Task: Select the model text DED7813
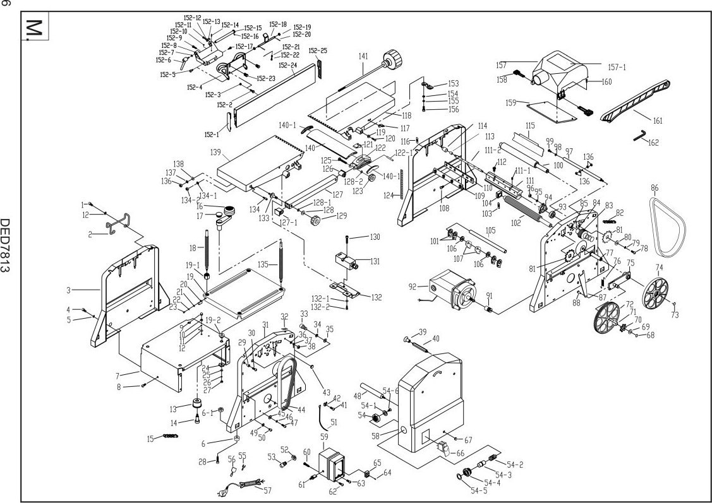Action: coord(7,246)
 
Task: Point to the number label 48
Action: coord(358,396)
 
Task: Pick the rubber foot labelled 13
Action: coord(198,404)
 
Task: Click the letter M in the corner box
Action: coord(33,28)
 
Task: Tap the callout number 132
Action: coord(377,297)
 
